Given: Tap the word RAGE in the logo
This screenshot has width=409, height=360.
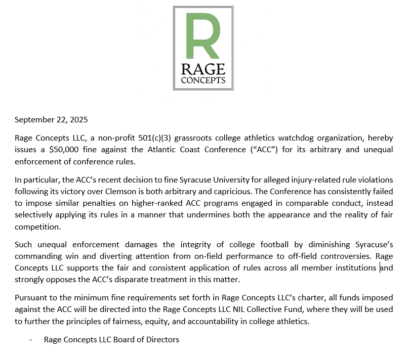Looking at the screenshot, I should [203, 70].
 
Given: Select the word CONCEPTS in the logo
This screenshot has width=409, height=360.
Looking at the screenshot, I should [203, 81].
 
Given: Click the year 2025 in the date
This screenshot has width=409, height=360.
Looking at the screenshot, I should [78, 120].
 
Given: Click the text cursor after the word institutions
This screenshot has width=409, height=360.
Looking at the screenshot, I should [380, 267].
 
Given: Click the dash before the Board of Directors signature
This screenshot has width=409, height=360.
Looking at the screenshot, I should [32, 340].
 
